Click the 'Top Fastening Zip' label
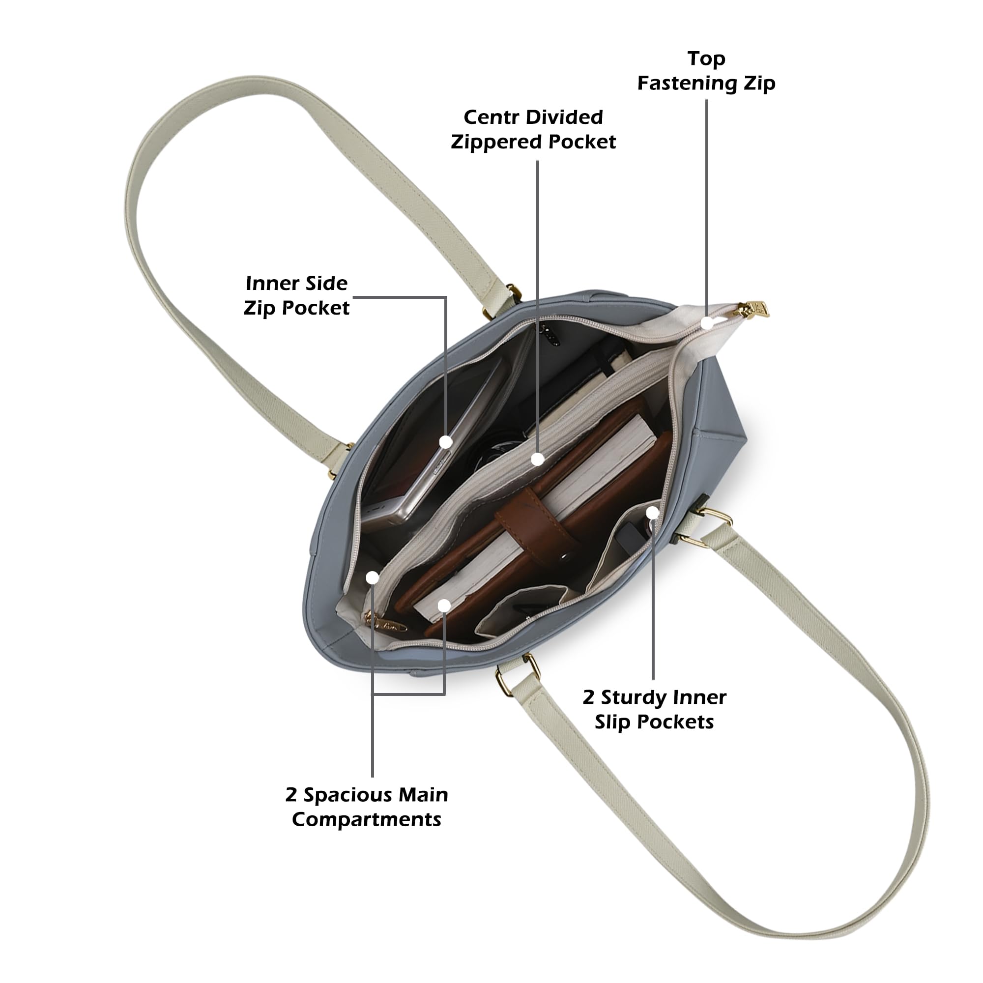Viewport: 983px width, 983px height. click(x=706, y=71)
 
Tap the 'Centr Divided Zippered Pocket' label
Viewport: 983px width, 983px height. click(x=533, y=129)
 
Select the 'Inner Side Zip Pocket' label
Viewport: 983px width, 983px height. click(x=297, y=295)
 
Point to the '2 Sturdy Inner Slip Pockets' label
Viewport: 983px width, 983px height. click(x=654, y=709)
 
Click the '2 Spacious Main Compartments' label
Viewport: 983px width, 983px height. click(x=366, y=807)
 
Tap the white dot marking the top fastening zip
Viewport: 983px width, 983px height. click(x=707, y=322)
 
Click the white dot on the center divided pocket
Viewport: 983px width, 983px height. click(x=537, y=460)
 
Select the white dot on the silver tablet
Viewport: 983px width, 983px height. click(x=446, y=442)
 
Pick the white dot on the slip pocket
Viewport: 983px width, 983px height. click(x=653, y=512)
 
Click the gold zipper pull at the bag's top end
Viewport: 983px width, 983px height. click(x=754, y=309)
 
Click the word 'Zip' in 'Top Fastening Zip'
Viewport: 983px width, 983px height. click(x=760, y=83)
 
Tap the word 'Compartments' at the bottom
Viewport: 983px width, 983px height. click(x=366, y=820)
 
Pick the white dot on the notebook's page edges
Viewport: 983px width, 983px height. click(x=444, y=606)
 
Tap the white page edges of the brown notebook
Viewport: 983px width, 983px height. click(x=534, y=514)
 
